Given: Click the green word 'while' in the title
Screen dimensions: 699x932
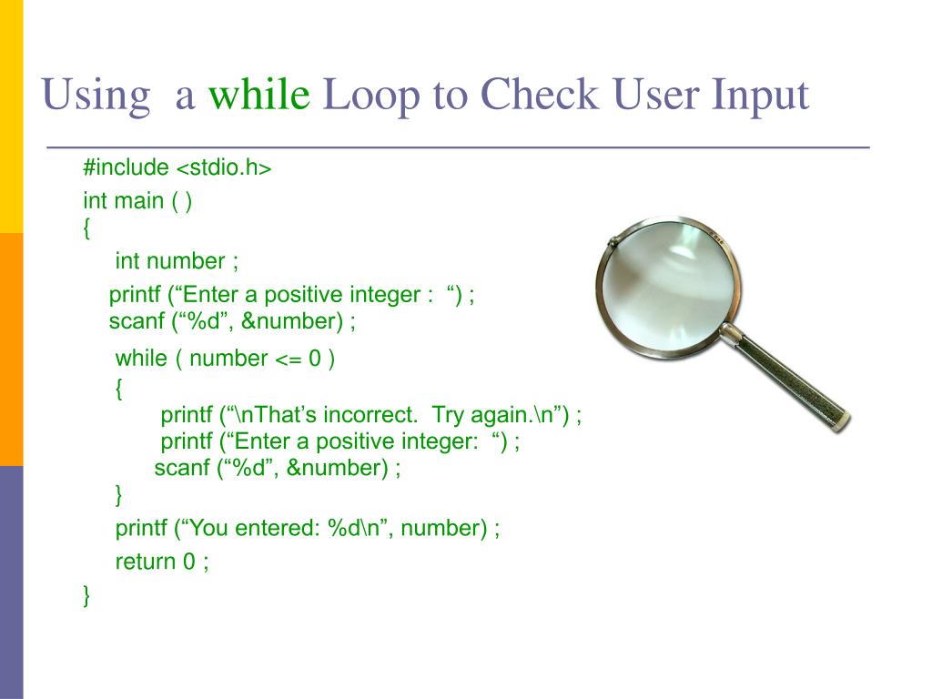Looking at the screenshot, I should click(x=258, y=95).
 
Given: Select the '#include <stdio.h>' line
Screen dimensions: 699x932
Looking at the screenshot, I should click(x=177, y=168).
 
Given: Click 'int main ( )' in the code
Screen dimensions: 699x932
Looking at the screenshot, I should click(x=137, y=201).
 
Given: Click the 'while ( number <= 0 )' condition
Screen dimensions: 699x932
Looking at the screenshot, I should click(x=226, y=358).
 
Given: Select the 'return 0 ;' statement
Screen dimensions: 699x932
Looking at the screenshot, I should click(x=162, y=562).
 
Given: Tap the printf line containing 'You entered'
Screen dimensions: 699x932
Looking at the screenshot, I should click(x=308, y=528).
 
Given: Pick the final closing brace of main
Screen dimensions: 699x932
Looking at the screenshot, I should click(x=87, y=596).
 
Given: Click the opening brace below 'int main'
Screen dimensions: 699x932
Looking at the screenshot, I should click(x=87, y=228).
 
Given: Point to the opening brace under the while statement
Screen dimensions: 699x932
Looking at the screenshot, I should click(x=119, y=389).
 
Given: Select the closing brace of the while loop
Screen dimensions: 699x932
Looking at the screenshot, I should click(x=119, y=495).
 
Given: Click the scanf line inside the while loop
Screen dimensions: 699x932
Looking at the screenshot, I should click(x=278, y=469).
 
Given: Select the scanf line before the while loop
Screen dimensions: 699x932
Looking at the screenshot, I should click(x=232, y=321).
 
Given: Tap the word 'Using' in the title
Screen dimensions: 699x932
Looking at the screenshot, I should click(x=96, y=95).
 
